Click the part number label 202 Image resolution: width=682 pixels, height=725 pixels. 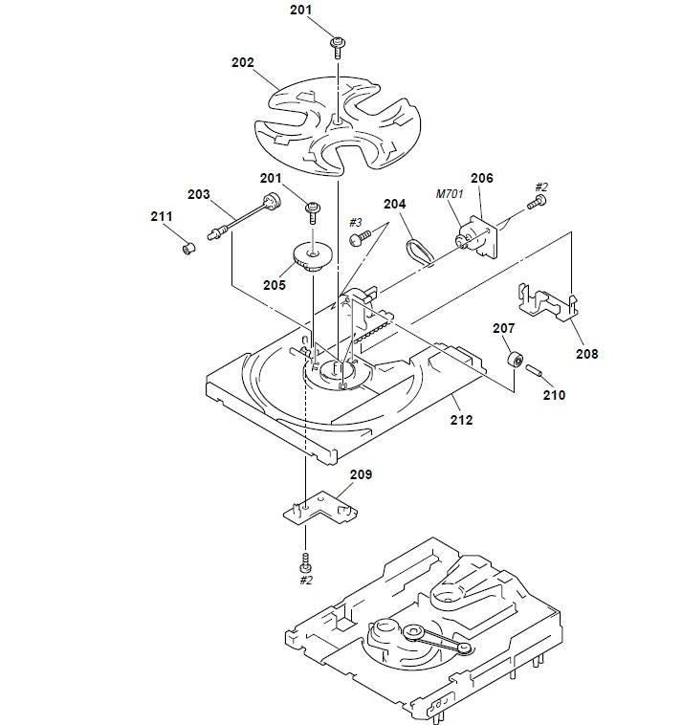click(x=243, y=62)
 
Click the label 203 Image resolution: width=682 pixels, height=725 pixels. click(x=198, y=194)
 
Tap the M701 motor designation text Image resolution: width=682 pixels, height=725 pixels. click(x=449, y=195)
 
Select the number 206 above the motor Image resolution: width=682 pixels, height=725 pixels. click(x=481, y=178)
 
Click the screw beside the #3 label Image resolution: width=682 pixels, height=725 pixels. click(x=358, y=235)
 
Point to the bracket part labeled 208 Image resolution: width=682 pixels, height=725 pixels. click(x=545, y=301)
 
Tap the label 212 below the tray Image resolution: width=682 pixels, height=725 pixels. click(x=461, y=419)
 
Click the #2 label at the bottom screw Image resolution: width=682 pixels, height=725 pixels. click(x=306, y=580)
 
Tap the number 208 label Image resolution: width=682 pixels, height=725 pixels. click(x=586, y=353)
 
